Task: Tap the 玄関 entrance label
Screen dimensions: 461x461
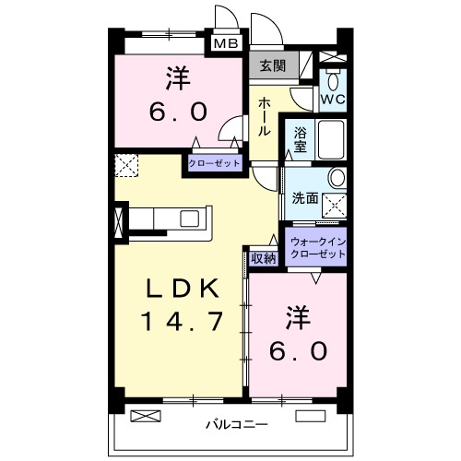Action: [271, 65]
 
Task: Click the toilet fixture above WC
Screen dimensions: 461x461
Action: [333, 74]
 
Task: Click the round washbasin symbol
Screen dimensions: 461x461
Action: [337, 177]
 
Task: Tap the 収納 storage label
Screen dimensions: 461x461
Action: [263, 257]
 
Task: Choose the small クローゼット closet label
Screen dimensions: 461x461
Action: [214, 162]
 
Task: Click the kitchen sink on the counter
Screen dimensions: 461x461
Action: [190, 219]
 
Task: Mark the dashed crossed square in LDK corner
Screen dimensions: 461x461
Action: [125, 166]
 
